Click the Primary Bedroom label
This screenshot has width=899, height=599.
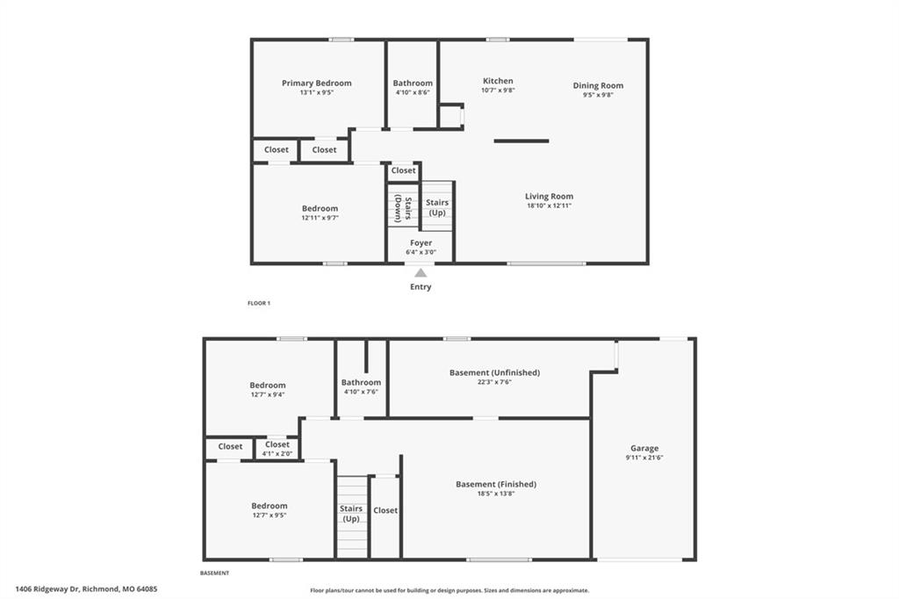(x=316, y=83)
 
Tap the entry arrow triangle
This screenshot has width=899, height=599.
(x=421, y=272)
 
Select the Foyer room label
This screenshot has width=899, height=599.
(x=421, y=242)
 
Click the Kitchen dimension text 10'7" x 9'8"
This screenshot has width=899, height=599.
(x=498, y=90)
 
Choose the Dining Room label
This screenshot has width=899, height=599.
(x=598, y=85)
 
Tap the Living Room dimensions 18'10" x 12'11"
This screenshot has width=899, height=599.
(x=550, y=206)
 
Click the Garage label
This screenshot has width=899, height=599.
(x=644, y=448)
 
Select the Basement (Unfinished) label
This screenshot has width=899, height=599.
(x=495, y=372)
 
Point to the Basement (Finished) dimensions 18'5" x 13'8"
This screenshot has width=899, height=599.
(x=496, y=494)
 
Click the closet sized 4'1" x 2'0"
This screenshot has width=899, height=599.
(x=277, y=448)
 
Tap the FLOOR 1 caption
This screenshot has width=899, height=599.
(x=259, y=303)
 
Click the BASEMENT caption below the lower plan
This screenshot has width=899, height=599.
(x=214, y=573)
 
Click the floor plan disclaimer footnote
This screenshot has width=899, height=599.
(x=449, y=590)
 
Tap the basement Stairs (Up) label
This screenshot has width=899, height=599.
(x=351, y=514)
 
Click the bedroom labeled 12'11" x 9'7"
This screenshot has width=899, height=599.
(x=320, y=213)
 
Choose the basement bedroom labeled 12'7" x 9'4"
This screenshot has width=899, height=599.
(x=268, y=390)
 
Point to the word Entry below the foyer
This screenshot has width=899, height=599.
(x=421, y=287)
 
